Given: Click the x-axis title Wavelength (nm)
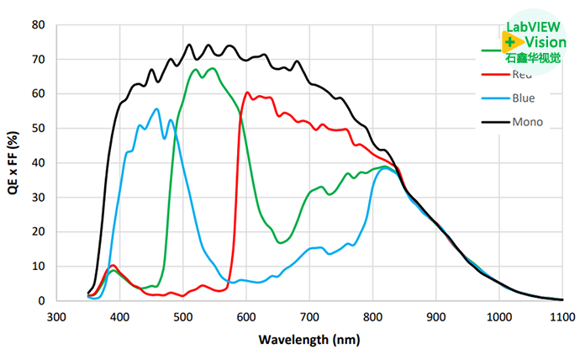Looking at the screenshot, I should click(310, 341).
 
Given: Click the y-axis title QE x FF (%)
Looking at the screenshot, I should click(13, 163).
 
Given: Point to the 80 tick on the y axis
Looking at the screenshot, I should click(39, 25).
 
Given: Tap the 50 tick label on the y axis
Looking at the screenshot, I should click(39, 129).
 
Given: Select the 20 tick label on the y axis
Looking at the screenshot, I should click(39, 232).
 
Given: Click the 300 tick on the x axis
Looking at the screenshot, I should click(56, 317).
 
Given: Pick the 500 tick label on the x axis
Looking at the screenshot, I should click(183, 317).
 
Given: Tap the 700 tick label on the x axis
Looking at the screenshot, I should click(309, 317).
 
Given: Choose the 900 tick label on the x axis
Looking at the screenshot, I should click(435, 317).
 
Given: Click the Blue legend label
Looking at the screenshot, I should click(523, 98).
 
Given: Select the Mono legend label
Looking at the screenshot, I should click(527, 122).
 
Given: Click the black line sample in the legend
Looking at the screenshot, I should click(493, 122).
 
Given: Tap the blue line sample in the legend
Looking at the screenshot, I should click(493, 98).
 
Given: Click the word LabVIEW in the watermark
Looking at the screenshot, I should click(529, 26).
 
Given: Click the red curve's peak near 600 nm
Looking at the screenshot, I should click(247, 93).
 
